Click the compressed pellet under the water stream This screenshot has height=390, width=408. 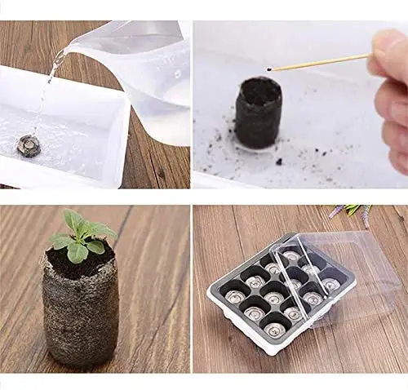click(x=29, y=145)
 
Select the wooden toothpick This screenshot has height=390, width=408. click(x=318, y=63)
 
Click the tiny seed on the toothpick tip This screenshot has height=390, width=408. click(x=269, y=70)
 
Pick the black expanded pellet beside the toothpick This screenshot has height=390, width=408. click(x=259, y=118)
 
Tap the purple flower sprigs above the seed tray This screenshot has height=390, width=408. click(x=351, y=214)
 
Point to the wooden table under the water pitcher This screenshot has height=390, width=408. click(x=159, y=163)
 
